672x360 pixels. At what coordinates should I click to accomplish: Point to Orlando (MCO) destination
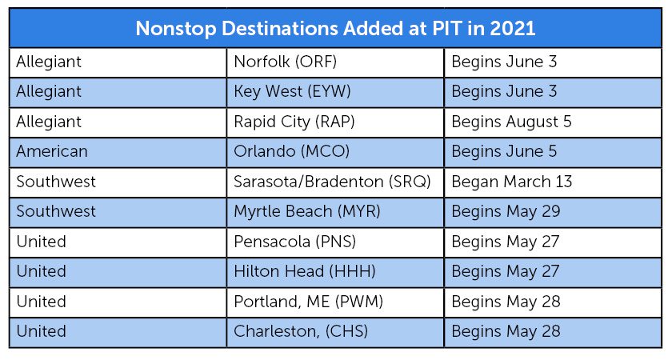[291, 151]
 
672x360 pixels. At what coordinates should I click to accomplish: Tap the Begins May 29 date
[506, 212]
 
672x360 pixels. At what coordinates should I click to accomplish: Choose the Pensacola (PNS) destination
[295, 242]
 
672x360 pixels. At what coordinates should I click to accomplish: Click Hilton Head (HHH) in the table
[305, 271]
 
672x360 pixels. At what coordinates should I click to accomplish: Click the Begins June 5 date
[505, 152]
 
